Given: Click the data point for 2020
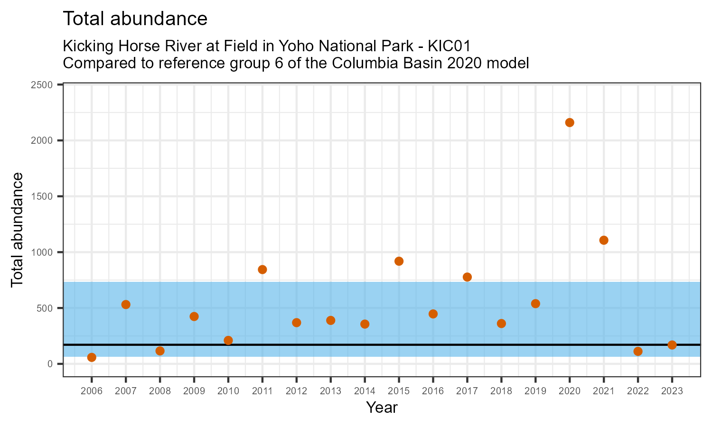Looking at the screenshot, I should coord(570,122).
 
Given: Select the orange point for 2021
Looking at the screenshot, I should coord(604,240).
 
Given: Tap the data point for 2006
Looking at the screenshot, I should coord(92,357).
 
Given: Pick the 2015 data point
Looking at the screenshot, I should coord(399,261).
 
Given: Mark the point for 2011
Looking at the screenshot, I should coord(262,269).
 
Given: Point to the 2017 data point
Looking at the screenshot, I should coord(467,277).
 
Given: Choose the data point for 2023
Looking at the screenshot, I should coord(672,345).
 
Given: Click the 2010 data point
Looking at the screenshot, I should coord(228,340).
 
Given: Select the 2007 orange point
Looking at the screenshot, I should coord(126,305).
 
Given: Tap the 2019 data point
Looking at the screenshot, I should coord(535,304).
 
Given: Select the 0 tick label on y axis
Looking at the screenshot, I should coord(54,364).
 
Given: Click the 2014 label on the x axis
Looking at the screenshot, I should coord(365,391).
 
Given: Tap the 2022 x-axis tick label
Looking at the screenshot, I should coord(638,391).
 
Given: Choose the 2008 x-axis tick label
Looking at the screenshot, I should coord(160,391).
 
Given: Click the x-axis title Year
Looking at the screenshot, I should coord(382,408).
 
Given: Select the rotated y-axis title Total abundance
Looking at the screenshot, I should coord(17,230).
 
